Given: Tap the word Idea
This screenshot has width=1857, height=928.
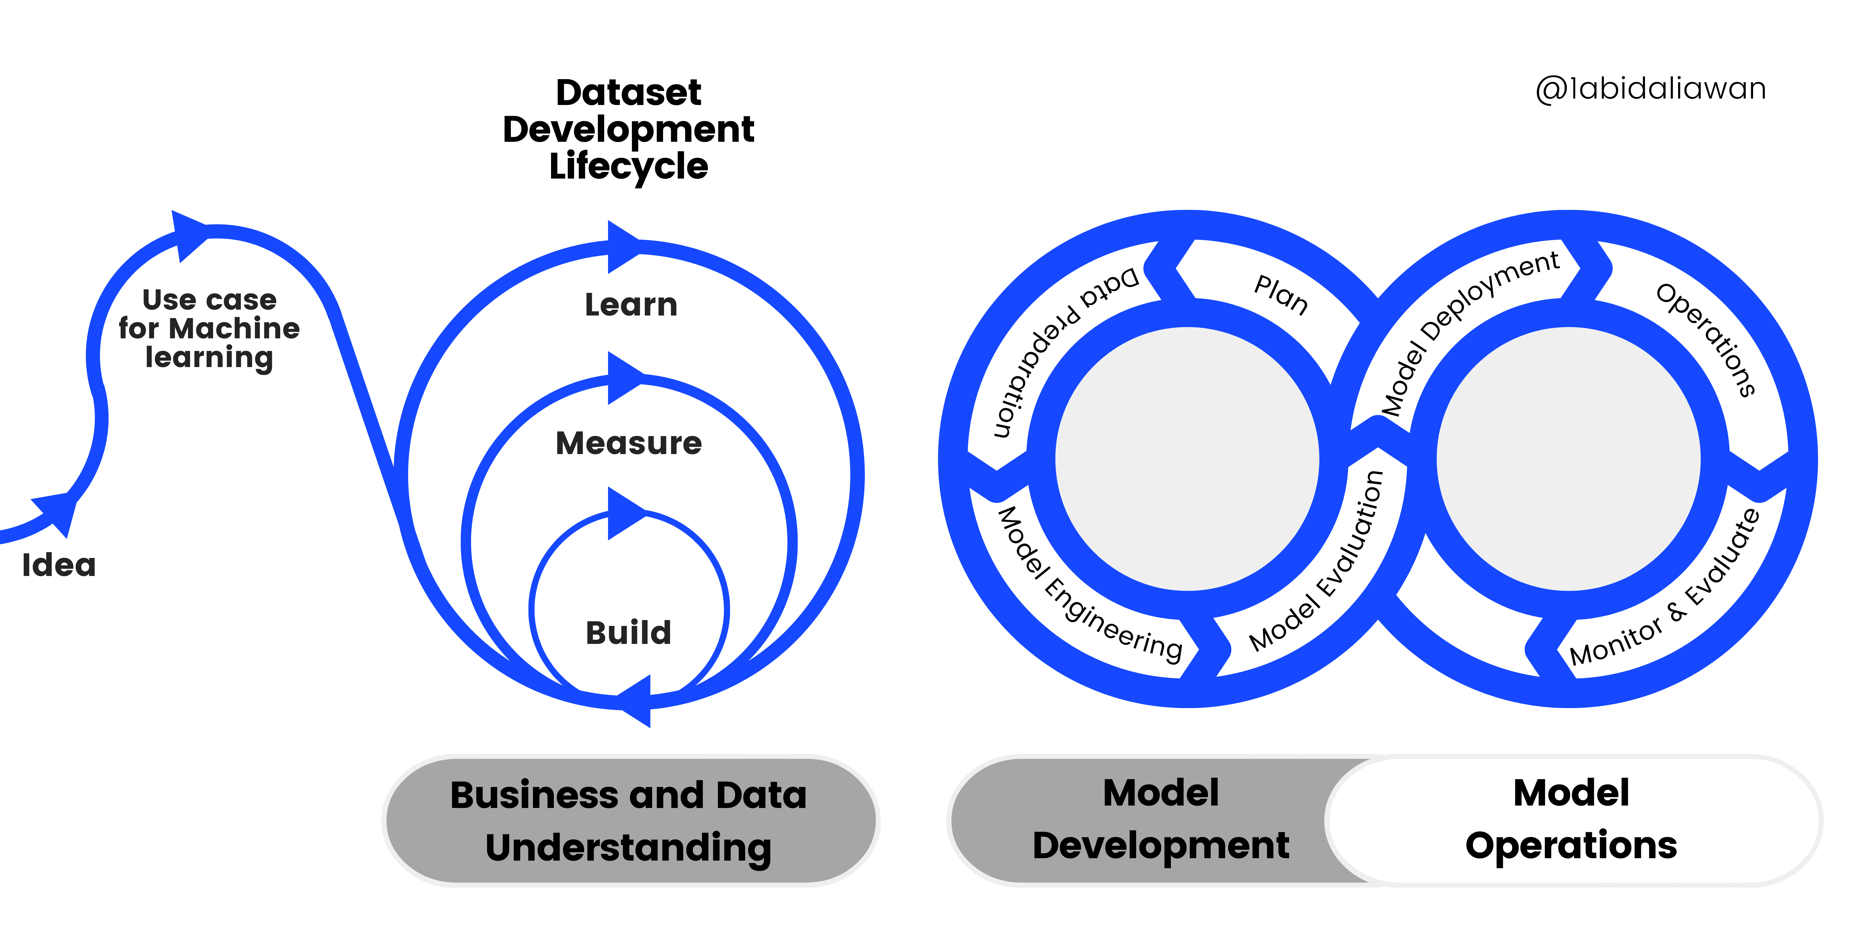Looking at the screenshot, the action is point(59,565).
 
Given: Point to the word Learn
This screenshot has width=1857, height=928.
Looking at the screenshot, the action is point(631,305).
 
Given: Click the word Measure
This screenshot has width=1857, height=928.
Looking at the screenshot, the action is point(629,443).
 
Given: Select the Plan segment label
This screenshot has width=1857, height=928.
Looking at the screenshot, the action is point(1281,295).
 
